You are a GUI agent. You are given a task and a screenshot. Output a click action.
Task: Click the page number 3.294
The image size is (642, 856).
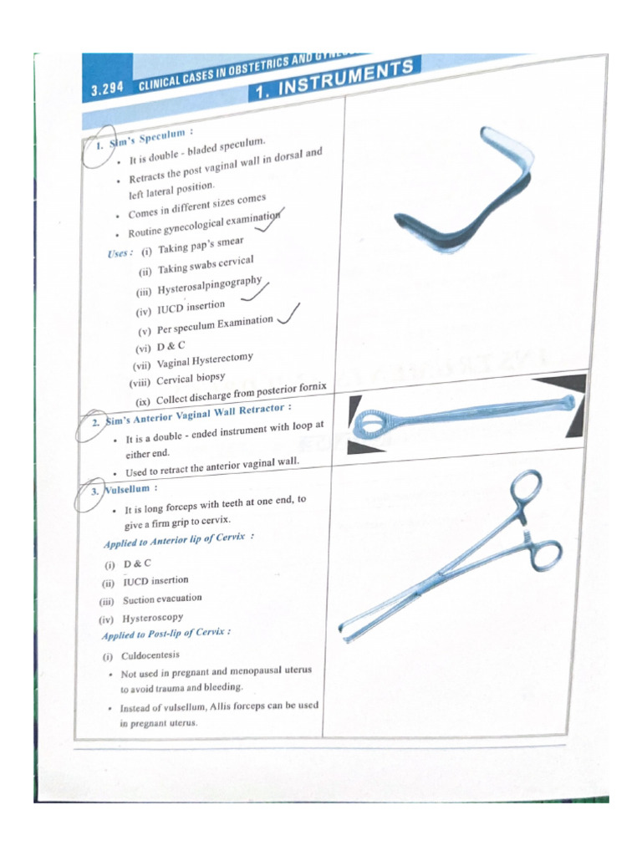pos(106,89)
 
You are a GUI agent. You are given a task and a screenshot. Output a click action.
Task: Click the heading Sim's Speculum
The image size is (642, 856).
pos(150,138)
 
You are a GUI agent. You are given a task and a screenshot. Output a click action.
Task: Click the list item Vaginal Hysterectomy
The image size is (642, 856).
pos(205,360)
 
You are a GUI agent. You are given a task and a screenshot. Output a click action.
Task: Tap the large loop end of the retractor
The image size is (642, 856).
pos(369,423)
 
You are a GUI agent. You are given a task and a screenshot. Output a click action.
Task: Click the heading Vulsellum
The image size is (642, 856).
pos(126,489)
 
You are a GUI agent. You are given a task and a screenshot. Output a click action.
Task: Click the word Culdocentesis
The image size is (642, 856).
pos(150,655)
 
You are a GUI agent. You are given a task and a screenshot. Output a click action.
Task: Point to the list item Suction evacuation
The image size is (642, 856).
pos(162,599)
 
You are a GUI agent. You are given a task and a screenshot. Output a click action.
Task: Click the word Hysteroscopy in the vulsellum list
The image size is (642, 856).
pos(153,619)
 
